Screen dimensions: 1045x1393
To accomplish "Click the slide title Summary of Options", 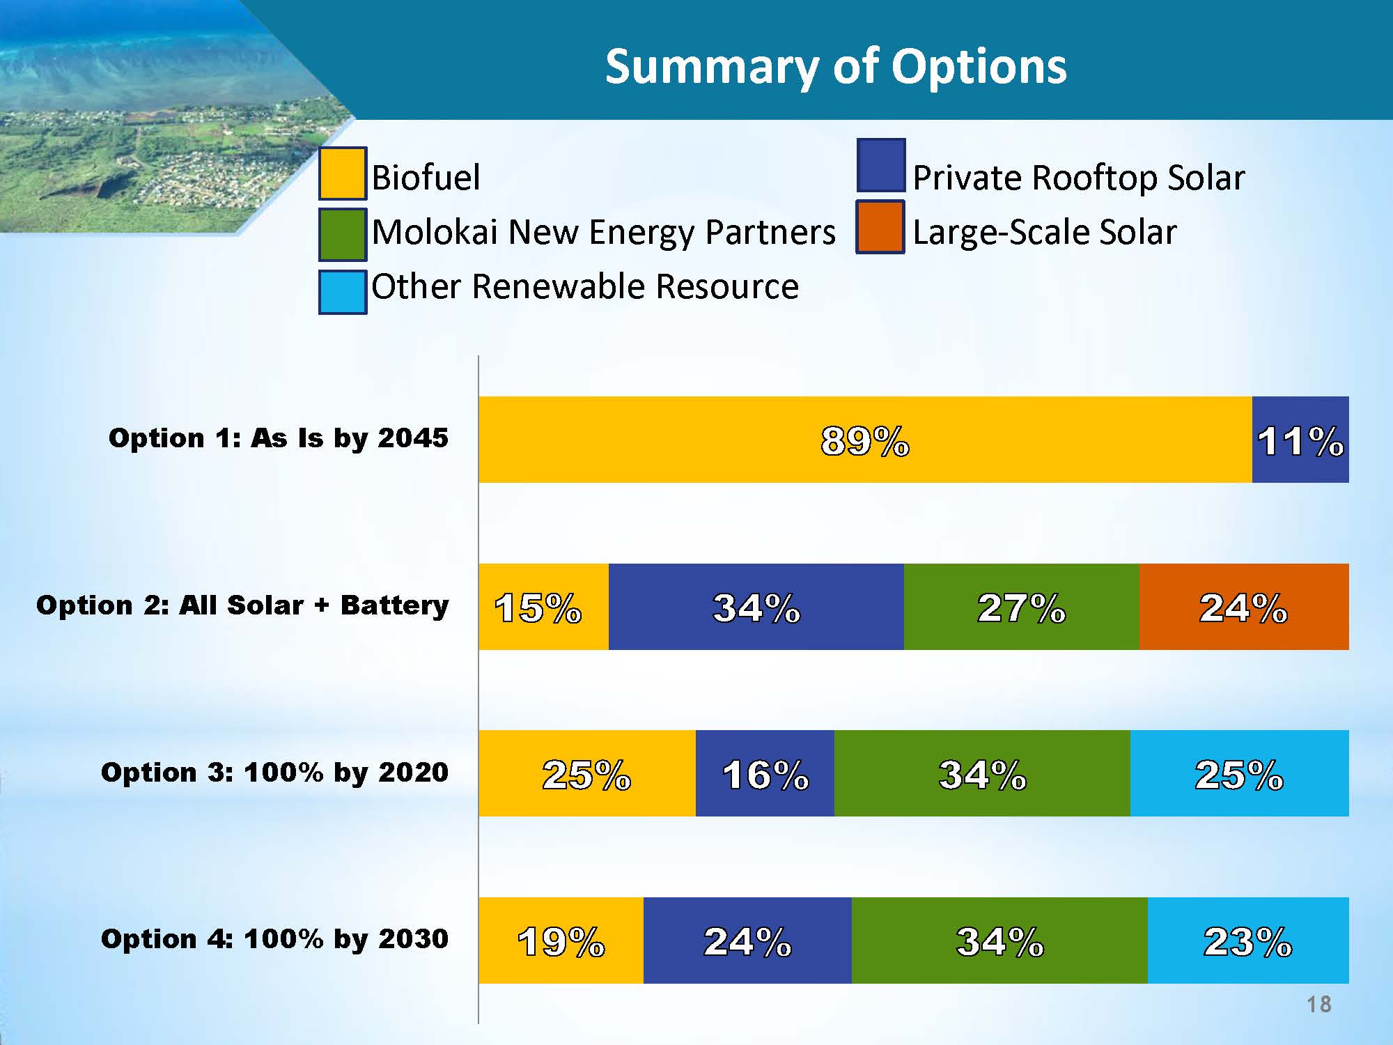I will (x=835, y=67).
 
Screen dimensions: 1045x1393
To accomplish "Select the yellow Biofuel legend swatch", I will (x=342, y=173).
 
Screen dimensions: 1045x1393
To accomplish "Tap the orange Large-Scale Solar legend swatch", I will (x=880, y=227).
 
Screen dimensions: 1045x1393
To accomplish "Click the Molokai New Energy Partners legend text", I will (x=603, y=232).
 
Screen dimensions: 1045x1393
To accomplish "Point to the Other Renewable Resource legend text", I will (x=584, y=286).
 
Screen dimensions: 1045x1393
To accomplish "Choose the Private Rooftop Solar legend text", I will (x=1078, y=178).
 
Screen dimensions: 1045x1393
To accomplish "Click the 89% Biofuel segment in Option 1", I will (x=865, y=440).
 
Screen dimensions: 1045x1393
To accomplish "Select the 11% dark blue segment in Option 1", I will (x=1300, y=440).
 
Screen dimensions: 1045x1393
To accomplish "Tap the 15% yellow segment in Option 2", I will (x=543, y=607).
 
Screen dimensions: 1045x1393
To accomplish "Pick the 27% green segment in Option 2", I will (x=1021, y=607).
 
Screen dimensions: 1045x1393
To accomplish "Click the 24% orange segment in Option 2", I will (x=1244, y=607).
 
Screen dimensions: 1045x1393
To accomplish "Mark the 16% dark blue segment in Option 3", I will (x=765, y=773).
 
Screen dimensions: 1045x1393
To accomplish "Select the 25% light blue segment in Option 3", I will (x=1239, y=773).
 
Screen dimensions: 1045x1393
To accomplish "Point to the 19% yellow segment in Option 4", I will (x=561, y=940).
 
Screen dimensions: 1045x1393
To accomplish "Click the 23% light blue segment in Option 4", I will (x=1247, y=940).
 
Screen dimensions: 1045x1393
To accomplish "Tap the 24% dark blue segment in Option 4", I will (x=747, y=940).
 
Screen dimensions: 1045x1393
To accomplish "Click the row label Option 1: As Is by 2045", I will (x=279, y=438).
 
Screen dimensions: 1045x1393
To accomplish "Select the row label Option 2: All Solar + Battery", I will (x=242, y=605).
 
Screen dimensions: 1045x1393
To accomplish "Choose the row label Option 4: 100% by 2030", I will (x=274, y=939).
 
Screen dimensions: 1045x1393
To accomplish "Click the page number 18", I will (x=1318, y=1005).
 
